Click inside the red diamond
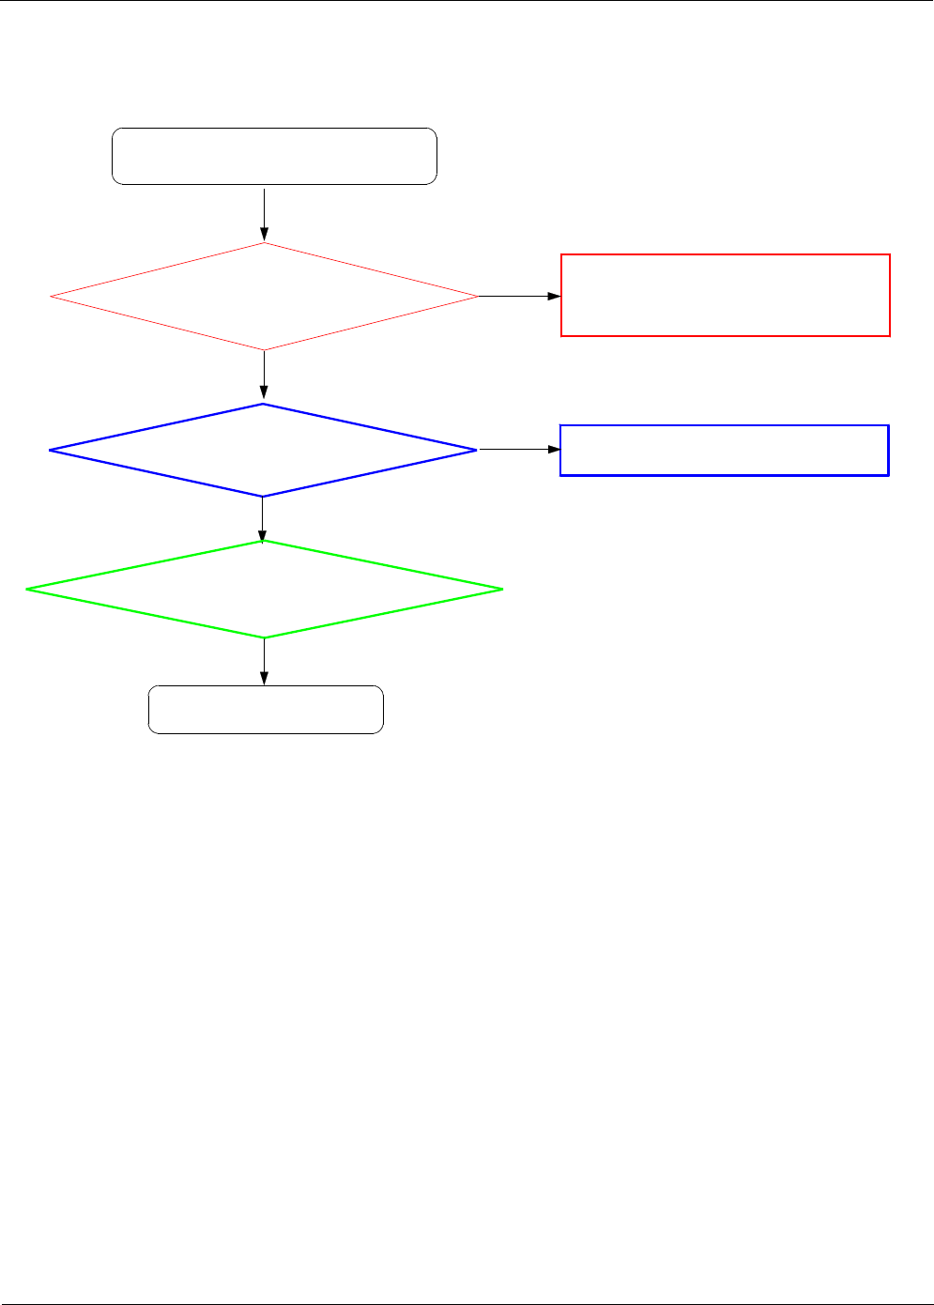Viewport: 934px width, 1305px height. tap(264, 297)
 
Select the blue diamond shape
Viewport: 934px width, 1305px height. tap(263, 451)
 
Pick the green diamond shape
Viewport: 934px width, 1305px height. tap(264, 589)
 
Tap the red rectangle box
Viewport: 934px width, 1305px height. tap(725, 295)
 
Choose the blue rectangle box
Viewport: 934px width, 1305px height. tap(724, 451)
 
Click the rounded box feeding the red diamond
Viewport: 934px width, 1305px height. tap(274, 156)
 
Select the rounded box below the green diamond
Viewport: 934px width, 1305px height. tap(266, 710)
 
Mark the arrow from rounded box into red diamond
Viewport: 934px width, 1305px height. tap(265, 214)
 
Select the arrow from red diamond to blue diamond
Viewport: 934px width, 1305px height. tap(265, 376)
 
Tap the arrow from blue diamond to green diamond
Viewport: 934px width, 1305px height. tap(263, 518)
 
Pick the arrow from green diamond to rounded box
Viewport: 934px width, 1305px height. tap(265, 661)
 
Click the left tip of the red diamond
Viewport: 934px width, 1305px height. tap(51, 297)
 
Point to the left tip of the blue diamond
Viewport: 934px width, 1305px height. tap(50, 451)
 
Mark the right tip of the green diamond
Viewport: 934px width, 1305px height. tap(502, 589)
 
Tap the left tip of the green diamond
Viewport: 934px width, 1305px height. tap(27, 589)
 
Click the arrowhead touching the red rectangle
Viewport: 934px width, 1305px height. tap(554, 296)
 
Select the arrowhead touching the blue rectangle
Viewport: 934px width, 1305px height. tap(554, 450)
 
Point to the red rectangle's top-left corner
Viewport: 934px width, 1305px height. tap(561, 254)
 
